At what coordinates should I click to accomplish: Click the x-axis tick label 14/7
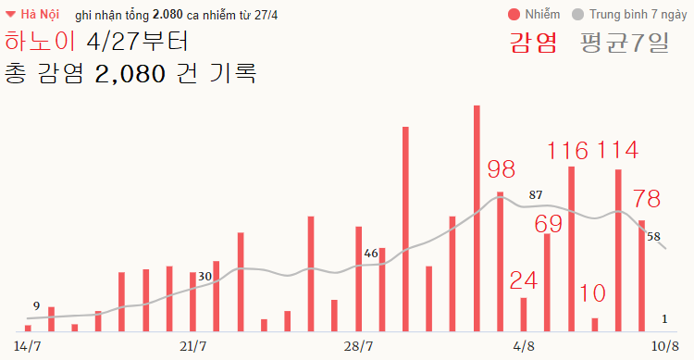(28, 346)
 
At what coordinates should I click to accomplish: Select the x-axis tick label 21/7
(192, 346)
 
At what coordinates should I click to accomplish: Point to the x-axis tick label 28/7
(358, 346)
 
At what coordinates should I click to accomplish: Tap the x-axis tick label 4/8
(524, 346)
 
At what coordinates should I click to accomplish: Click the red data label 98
(501, 169)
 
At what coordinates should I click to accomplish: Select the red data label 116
(567, 150)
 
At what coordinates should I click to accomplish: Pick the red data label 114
(617, 150)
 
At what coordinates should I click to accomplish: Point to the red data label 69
(549, 225)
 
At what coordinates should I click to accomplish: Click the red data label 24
(524, 280)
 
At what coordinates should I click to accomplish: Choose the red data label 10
(592, 294)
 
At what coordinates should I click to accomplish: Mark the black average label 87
(535, 195)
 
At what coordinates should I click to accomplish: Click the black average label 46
(371, 253)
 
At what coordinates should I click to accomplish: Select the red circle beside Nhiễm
(514, 15)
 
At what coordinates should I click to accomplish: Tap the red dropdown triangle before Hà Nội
(10, 15)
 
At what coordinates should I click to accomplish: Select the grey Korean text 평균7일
(625, 42)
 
